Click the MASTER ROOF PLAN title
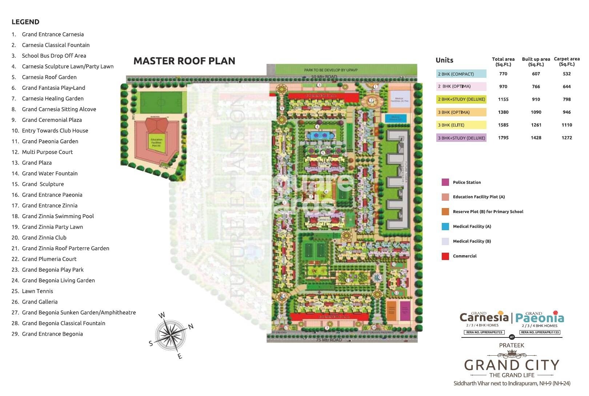(x=184, y=61)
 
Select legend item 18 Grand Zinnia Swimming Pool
(x=58, y=216)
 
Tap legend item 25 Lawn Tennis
(x=37, y=291)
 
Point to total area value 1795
(x=503, y=138)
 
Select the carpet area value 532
(x=566, y=74)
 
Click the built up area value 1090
(x=536, y=112)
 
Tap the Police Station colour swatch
(x=445, y=182)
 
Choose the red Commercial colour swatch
(x=445, y=256)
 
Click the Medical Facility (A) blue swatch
(x=445, y=227)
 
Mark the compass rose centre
(x=170, y=335)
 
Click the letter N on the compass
(x=191, y=326)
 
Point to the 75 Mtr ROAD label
(x=329, y=340)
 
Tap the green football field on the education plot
(x=161, y=103)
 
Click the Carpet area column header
(x=566, y=61)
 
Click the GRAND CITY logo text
(x=512, y=365)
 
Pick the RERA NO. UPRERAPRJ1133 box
(x=540, y=332)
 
